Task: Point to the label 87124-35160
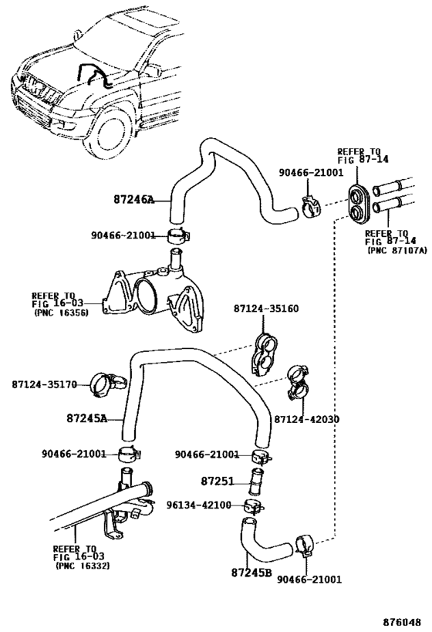[x=266, y=309]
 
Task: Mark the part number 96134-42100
[x=199, y=505]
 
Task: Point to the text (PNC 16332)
[x=82, y=566]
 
